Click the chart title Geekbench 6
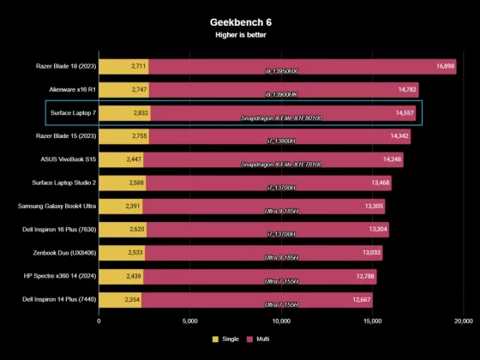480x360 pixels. coord(239,21)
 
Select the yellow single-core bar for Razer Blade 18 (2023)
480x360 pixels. coord(123,65)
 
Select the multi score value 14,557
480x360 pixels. coord(405,112)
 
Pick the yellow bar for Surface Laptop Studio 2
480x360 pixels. coord(122,182)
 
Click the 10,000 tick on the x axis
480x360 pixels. coord(281,321)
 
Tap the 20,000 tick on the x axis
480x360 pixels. coord(463,321)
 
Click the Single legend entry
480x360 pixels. coord(226,339)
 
